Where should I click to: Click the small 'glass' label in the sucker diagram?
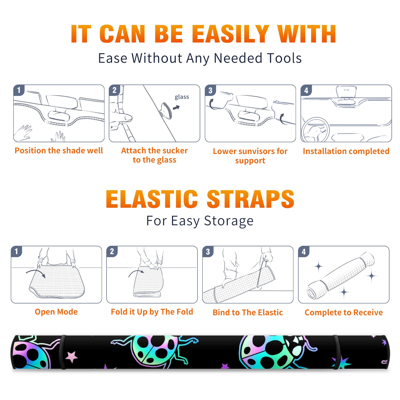click(x=182, y=97)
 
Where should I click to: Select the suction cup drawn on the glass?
click(x=166, y=110)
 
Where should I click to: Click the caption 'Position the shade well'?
click(x=59, y=150)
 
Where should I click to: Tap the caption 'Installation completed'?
click(x=346, y=151)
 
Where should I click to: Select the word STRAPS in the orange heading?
click(x=250, y=199)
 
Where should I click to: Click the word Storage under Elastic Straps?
click(x=229, y=221)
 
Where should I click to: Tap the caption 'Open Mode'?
click(x=56, y=312)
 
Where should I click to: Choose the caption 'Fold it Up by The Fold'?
click(x=152, y=312)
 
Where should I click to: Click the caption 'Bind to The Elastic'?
click(x=248, y=312)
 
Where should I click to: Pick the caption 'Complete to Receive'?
click(x=344, y=312)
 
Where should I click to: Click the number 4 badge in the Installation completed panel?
click(x=306, y=90)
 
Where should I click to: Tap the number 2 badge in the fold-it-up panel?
click(x=112, y=251)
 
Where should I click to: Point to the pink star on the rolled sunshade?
click(x=72, y=357)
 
